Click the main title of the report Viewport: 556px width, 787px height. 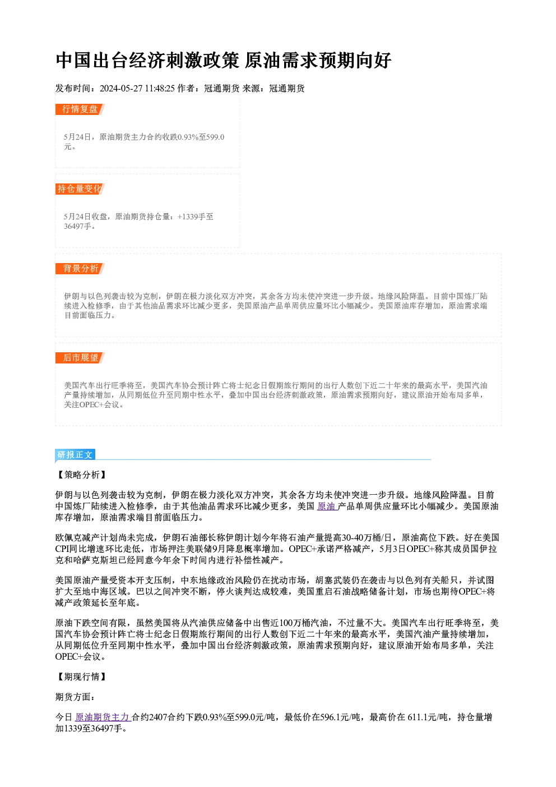223,60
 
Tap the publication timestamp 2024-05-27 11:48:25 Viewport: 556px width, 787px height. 137,88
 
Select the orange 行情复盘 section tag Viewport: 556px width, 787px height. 80,109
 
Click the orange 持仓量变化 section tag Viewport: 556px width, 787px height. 80,188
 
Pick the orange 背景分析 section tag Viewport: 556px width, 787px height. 80,269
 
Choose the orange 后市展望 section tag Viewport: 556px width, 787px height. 80,358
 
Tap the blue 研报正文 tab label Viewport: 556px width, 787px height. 75,454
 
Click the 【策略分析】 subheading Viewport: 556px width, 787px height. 81,475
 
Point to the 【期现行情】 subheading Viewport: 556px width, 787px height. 81,676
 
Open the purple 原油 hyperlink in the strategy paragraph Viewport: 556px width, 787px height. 326,507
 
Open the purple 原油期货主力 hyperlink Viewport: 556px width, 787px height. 103,717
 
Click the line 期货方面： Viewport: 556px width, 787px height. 75,697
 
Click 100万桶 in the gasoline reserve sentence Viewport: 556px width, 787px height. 293,623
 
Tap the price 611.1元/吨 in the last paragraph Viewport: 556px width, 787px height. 427,717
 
